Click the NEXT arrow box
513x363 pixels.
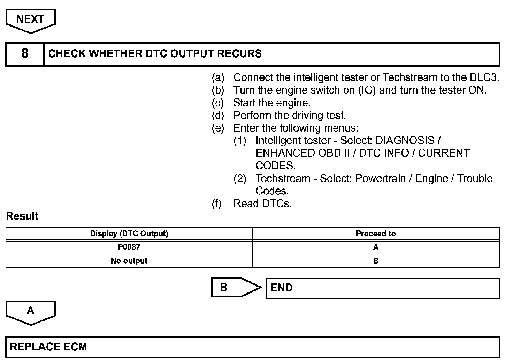tap(30, 20)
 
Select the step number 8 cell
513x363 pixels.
tap(25, 53)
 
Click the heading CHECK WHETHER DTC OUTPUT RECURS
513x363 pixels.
tap(155, 53)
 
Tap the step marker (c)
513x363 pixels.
tap(218, 103)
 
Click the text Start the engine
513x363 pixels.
tap(272, 103)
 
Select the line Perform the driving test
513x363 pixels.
tap(290, 116)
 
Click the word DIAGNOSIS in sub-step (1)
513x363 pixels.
tap(405, 141)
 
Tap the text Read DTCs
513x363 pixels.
tap(262, 203)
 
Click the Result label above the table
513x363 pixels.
tap(22, 216)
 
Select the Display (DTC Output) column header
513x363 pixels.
tap(129, 234)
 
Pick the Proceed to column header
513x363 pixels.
tap(375, 234)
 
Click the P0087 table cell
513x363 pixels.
tap(129, 247)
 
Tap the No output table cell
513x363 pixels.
tap(129, 261)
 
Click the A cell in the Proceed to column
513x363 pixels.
tap(375, 247)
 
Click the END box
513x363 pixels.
tap(382, 288)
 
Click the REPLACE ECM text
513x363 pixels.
tap(48, 347)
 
